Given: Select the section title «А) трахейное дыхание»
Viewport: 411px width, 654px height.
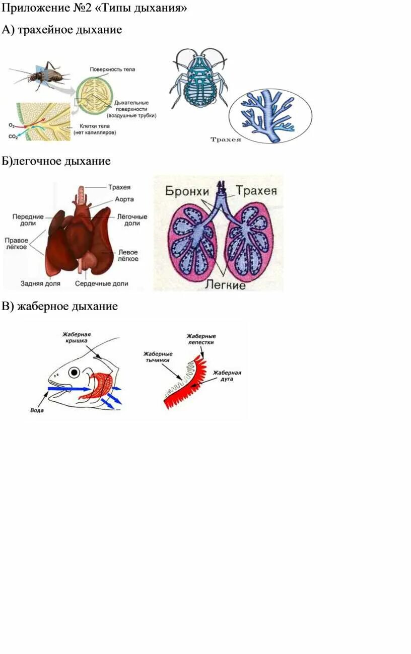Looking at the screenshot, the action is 61,30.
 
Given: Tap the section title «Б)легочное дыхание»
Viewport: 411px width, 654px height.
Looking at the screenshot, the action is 56,161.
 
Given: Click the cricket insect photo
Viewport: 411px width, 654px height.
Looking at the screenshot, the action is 43,76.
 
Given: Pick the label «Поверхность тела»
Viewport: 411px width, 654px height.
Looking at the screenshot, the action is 112,69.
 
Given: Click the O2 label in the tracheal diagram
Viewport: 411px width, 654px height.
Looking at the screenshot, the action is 12,124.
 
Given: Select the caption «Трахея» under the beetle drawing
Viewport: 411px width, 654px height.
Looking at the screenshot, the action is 225,139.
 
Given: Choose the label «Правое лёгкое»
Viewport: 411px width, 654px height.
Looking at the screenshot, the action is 16,244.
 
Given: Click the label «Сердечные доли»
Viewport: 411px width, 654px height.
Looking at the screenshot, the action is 102,283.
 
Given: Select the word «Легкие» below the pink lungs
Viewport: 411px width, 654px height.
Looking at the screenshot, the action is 225,285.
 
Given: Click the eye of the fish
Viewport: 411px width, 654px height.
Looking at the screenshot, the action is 75,373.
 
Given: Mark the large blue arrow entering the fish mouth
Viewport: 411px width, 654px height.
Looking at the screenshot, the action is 68,388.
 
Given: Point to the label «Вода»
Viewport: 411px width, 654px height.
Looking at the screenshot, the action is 37,410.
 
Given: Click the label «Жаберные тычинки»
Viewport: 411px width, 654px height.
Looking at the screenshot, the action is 158,356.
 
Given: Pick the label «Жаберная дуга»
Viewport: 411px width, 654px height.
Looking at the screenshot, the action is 227,376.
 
